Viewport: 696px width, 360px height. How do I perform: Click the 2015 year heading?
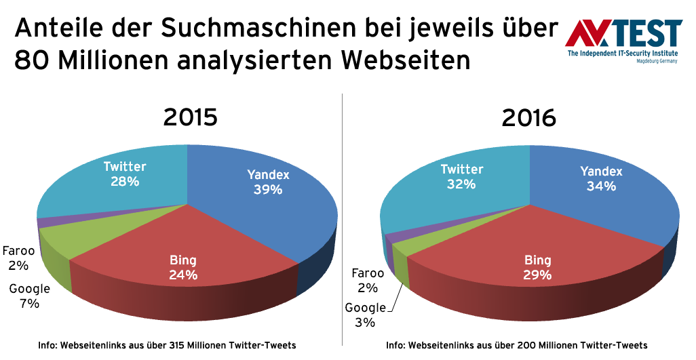tap(190, 118)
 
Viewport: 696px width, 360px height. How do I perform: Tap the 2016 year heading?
tap(529, 118)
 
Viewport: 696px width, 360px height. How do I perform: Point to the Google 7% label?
tap(30, 296)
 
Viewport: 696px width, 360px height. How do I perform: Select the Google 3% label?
tap(365, 315)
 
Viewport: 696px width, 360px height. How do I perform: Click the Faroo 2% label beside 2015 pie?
tap(18, 257)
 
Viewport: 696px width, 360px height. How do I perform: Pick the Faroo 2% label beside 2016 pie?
tap(368, 281)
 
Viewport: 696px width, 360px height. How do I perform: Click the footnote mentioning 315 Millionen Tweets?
tap(167, 345)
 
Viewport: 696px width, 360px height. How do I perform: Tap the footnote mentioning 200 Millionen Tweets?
tap(517, 345)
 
